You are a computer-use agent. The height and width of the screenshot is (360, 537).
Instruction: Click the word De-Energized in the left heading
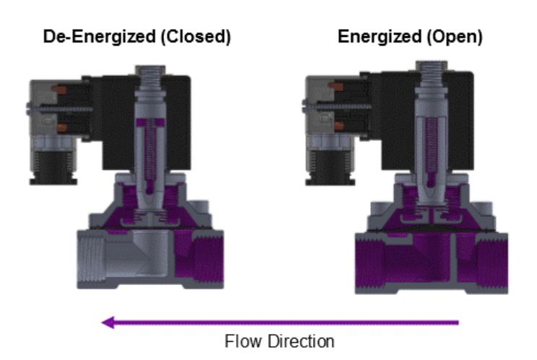pos(99,37)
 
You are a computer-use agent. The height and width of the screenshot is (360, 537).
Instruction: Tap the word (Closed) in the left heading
pos(197,37)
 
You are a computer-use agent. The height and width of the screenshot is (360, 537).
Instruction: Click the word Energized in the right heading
pos(379,37)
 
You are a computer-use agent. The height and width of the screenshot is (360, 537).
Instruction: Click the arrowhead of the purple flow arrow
pos(108,322)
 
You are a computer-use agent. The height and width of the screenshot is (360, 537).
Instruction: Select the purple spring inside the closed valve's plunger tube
pos(150,153)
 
